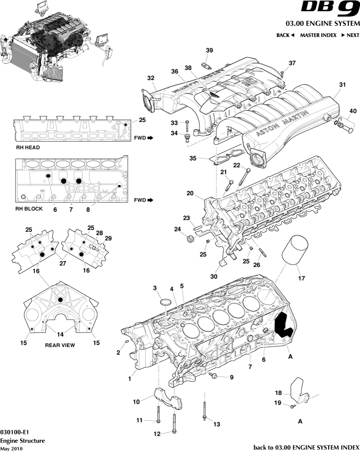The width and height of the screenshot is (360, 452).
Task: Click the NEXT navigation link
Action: pos(350,35)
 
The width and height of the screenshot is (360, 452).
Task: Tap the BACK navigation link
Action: pos(285,35)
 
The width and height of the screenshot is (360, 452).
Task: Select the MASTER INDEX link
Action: pos(318,35)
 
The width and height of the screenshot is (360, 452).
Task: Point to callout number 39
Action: pos(209,51)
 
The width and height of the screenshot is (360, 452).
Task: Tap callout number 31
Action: pos(342,84)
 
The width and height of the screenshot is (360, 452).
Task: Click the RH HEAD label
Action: pos(27,147)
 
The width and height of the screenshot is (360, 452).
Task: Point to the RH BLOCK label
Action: pos(29,208)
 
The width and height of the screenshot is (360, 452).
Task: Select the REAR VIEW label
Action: pos(60,345)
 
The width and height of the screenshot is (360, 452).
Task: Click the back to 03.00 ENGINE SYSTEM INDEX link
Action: pos(306,447)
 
